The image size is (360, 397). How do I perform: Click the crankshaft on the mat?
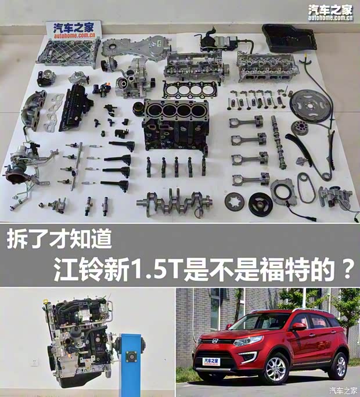pyautogui.click(x=174, y=202)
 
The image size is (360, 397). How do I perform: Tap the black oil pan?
pyautogui.click(x=289, y=38)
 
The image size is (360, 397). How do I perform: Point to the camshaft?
pyautogui.click(x=278, y=142)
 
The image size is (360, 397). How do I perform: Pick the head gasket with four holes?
pyautogui.click(x=190, y=89)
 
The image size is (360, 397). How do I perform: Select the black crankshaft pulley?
pyautogui.click(x=261, y=204)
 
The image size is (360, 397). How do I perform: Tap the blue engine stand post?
pyautogui.click(x=131, y=364)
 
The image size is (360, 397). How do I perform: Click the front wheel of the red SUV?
pyautogui.click(x=277, y=368)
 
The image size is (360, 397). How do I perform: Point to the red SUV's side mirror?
pyautogui.click(x=298, y=327)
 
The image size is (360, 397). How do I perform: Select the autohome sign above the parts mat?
pyautogui.click(x=74, y=30)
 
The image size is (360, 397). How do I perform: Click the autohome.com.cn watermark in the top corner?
pyautogui.click(x=330, y=18)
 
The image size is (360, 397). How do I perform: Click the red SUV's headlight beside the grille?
pyautogui.click(x=244, y=341)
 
